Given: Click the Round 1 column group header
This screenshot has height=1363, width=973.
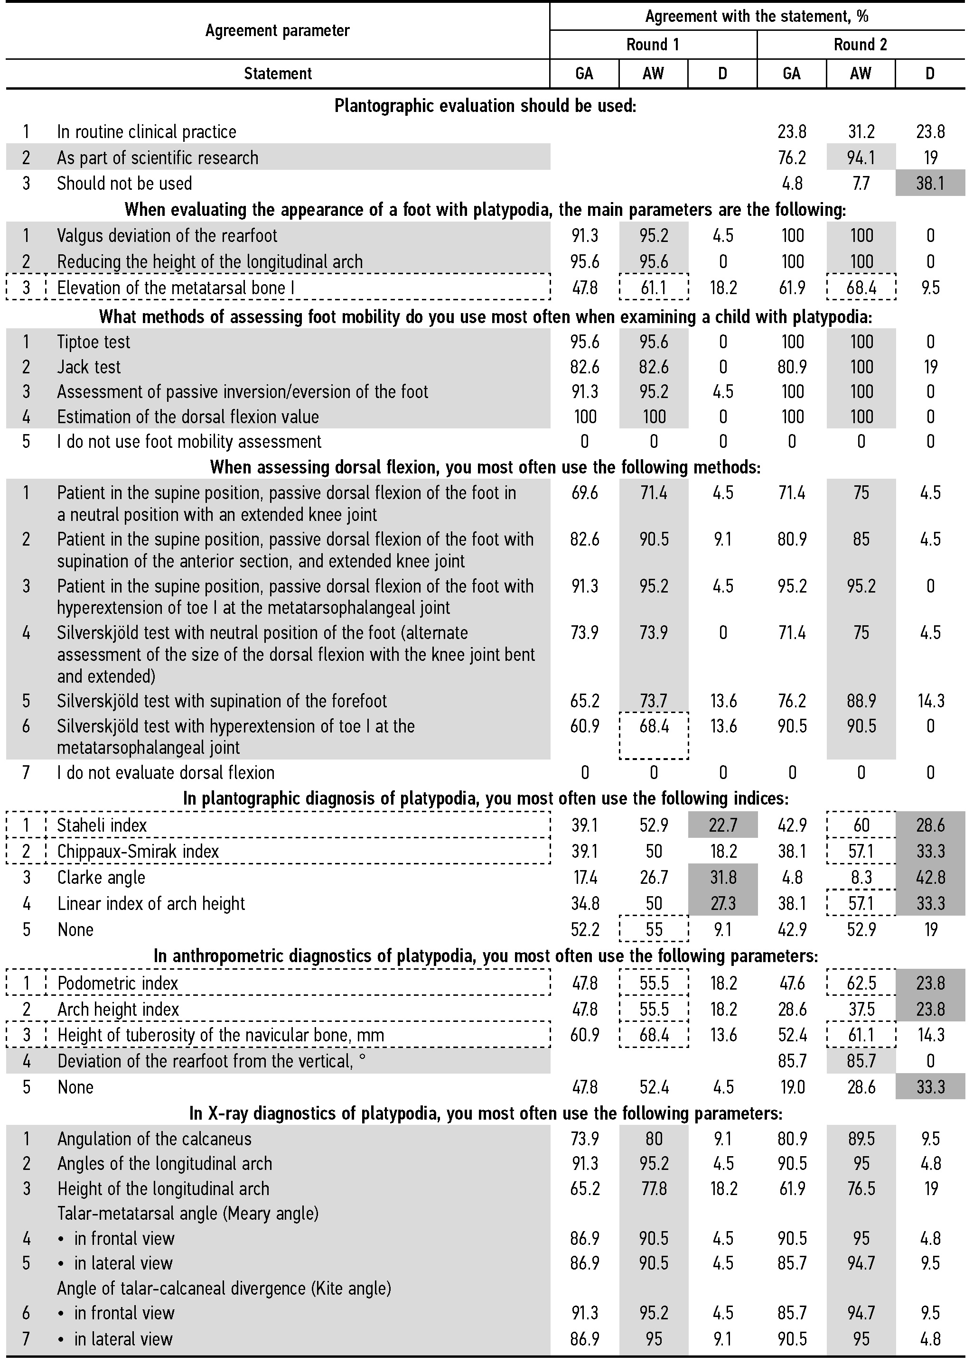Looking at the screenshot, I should click(653, 44).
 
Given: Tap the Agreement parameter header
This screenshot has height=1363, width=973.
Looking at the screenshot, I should click(277, 30).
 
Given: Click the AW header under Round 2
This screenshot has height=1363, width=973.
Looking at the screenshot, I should click(861, 73).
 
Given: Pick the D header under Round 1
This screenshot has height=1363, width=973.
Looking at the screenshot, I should click(722, 73).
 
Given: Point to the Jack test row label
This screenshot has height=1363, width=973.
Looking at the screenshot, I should click(89, 367).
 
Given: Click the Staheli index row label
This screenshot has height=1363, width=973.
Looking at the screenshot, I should click(102, 825).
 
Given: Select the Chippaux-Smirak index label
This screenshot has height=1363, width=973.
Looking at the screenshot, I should click(138, 851).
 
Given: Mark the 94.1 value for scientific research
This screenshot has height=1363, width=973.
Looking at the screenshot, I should click(861, 158).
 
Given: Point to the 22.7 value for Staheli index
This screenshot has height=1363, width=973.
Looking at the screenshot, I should click(722, 825).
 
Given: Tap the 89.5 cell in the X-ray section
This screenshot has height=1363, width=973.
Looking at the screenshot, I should click(861, 1139).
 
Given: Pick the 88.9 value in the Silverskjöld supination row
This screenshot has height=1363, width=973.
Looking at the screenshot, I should click(861, 701).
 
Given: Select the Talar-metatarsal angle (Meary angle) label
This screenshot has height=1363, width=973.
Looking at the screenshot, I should click(187, 1213).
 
